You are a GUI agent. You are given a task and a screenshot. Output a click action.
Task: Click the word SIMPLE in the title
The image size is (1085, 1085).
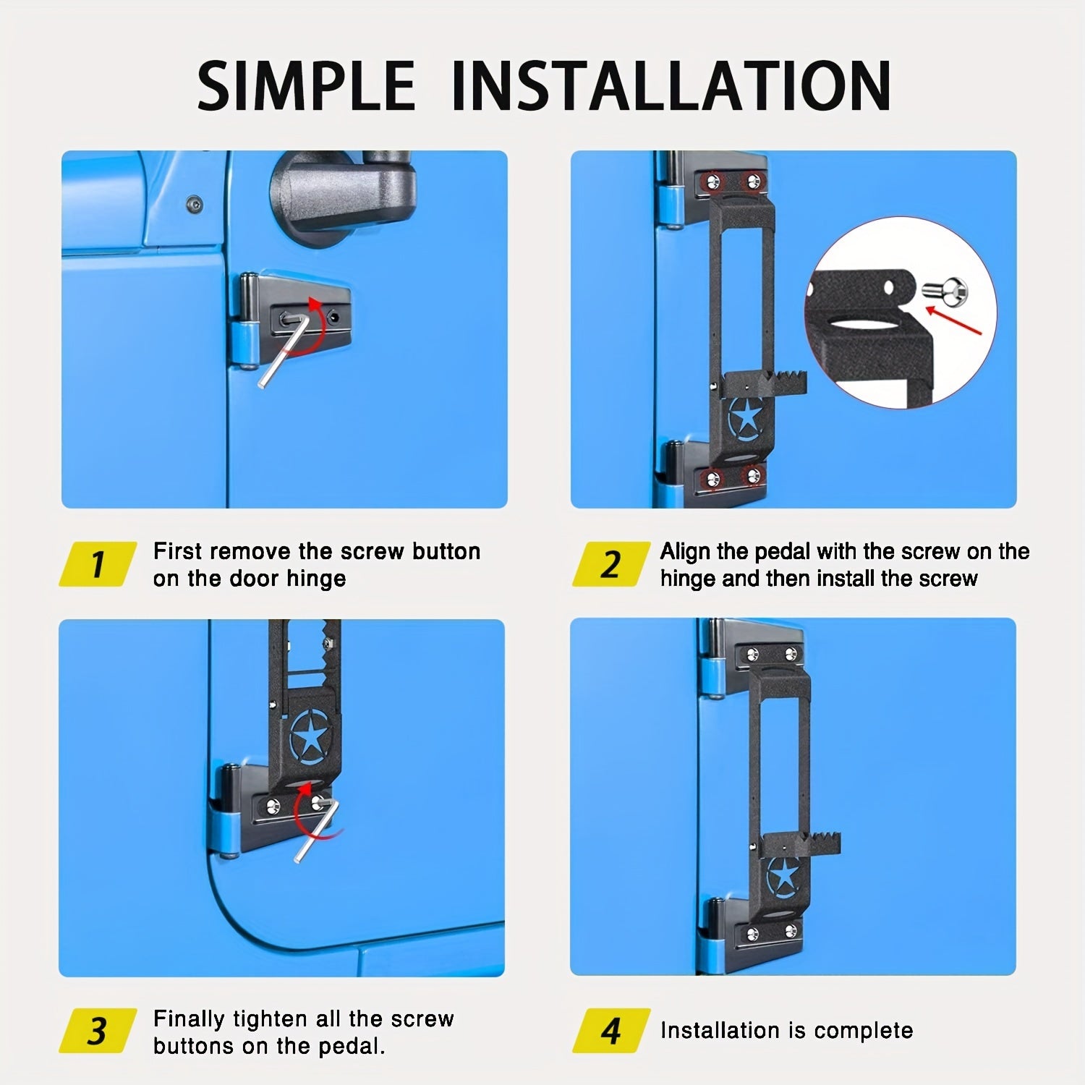pos(306,85)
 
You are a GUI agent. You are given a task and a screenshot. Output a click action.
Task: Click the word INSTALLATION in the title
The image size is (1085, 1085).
pos(671,85)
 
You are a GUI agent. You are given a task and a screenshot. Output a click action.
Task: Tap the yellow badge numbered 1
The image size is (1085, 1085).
pos(98,563)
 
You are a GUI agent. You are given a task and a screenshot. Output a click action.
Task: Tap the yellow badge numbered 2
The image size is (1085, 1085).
pos(610,563)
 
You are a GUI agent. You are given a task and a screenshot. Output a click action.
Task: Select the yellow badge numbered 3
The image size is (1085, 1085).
pos(98,1030)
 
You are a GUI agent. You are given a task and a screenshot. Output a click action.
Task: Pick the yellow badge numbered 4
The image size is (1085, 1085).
pos(610,1030)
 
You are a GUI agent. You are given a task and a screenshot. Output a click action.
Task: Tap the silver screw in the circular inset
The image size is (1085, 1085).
pos(945,292)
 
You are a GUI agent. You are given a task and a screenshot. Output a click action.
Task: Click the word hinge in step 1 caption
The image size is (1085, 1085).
pos(316,579)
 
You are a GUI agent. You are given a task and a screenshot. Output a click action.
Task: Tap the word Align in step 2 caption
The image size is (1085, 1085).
pos(685,553)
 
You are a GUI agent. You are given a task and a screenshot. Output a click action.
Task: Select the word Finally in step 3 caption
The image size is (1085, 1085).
pos(190,1020)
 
